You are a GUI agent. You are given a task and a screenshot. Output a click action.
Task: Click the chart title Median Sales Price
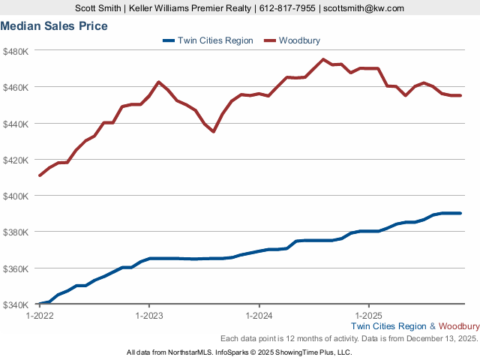54,26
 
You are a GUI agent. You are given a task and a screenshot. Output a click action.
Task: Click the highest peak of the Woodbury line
323,59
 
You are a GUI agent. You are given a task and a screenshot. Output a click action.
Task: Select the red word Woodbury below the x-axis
459,326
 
